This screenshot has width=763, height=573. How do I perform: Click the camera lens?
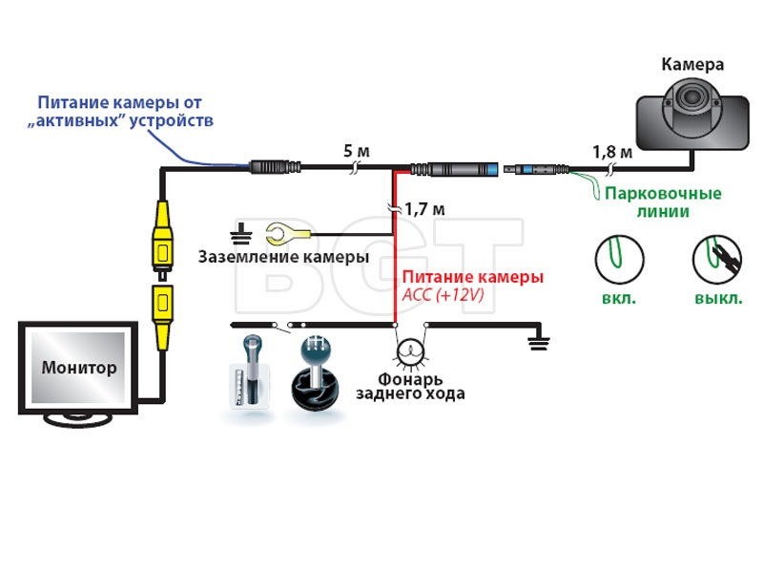[x=691, y=96]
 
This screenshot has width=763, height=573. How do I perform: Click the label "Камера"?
[x=692, y=64]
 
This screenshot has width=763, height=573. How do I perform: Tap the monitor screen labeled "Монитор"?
[x=78, y=367]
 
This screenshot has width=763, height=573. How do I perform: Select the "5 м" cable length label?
[x=357, y=151]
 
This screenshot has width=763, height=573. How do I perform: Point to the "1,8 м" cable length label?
[x=612, y=153]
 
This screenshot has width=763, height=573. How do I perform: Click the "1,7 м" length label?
[x=424, y=209]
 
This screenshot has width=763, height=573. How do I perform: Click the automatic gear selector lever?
[x=251, y=371]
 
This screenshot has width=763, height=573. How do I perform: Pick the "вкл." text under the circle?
[x=619, y=298]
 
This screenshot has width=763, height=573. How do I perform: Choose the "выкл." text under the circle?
[x=718, y=298]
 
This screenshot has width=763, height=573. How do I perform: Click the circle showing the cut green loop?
[x=717, y=260]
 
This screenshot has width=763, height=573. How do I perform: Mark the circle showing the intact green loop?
[x=619, y=260]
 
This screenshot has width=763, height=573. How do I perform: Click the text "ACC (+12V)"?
[x=443, y=295]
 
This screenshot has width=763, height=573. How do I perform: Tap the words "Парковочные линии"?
[x=663, y=202]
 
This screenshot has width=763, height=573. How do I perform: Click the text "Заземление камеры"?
[x=283, y=257]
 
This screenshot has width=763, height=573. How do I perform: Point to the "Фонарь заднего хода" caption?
[x=410, y=387]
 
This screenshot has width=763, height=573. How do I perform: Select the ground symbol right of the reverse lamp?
[x=539, y=344]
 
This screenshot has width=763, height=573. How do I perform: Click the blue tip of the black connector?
[x=491, y=170]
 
